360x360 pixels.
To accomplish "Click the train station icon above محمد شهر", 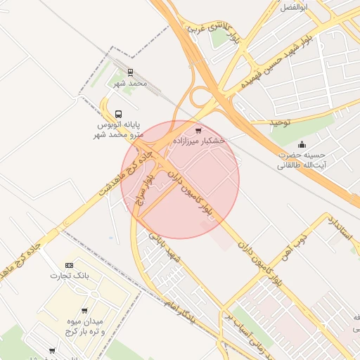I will coord(130,72).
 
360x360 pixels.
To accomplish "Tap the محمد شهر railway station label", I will coord(131,84).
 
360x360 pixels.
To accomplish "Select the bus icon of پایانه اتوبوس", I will coord(118,113).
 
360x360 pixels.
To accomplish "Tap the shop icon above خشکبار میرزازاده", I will coord(198,130).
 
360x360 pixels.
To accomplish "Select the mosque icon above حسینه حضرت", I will coord(302,144).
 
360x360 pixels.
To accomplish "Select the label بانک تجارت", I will coord(66,275).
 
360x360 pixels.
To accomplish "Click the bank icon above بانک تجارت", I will coord(68,264).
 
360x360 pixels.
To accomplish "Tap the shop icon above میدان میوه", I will coord(84,310).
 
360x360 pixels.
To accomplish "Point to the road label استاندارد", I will coord(340,230).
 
